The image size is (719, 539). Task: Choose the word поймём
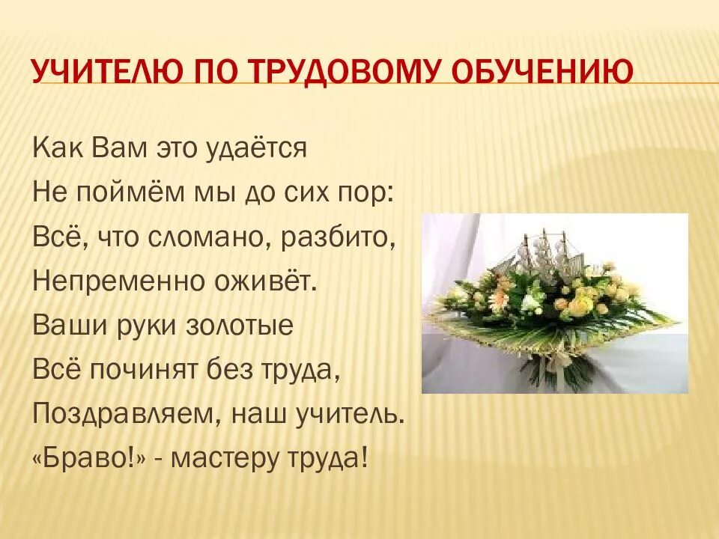coord(122,193)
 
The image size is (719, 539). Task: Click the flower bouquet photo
coord(554,302)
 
